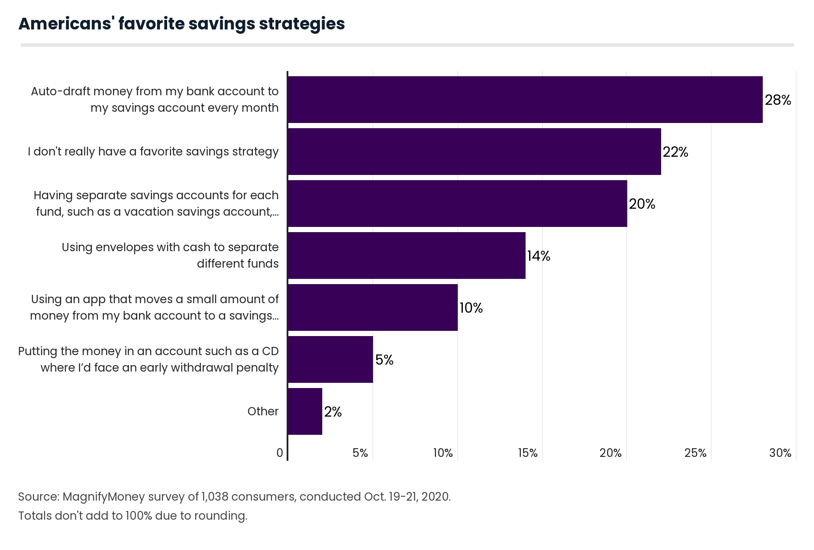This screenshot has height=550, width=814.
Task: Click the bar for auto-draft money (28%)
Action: [x=525, y=100]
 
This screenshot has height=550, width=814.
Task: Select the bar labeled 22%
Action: [x=474, y=152]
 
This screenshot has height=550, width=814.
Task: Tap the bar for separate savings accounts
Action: [x=457, y=204]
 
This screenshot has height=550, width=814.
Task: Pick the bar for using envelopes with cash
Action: [x=407, y=256]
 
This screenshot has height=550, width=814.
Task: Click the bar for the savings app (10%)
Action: [x=372, y=307]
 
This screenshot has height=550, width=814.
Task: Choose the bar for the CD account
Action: [x=330, y=359]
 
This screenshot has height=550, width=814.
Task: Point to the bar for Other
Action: [x=305, y=411]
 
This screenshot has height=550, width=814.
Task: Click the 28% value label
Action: [x=778, y=100]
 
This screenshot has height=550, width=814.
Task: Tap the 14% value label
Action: [x=538, y=256]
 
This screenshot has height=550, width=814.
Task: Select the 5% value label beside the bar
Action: [x=384, y=360]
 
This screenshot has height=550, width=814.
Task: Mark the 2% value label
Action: [x=333, y=412]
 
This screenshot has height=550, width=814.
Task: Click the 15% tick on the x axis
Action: [x=527, y=453]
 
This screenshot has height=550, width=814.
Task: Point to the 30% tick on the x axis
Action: [x=780, y=453]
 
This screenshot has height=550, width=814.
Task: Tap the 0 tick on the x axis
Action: [x=280, y=453]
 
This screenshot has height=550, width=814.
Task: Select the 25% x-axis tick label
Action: [x=695, y=453]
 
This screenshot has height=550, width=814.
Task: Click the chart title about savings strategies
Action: [x=181, y=24]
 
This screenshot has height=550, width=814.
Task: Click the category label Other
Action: [x=263, y=411]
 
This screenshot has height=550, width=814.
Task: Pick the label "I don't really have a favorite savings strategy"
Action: [x=153, y=152]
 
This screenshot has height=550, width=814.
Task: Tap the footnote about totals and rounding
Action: [x=132, y=516]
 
